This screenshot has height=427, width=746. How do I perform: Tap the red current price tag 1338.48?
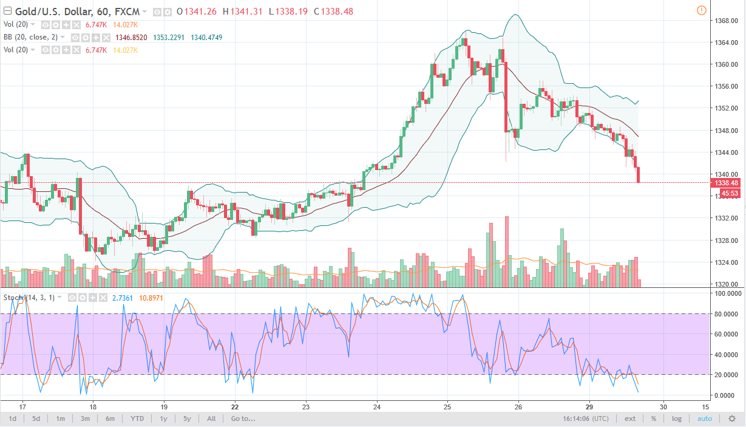point(726,183)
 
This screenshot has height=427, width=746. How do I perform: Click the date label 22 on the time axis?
point(235,406)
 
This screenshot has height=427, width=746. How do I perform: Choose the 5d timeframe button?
point(36,418)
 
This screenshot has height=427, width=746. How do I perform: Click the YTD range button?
point(137,418)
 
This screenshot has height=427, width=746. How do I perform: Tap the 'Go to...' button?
point(243,418)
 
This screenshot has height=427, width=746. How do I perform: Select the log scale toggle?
point(677,418)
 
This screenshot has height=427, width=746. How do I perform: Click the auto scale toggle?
point(704,418)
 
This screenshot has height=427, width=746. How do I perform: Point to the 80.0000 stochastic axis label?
point(727,313)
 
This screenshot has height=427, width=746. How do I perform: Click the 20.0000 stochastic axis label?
point(727,375)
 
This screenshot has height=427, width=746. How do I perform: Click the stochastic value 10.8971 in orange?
point(151,298)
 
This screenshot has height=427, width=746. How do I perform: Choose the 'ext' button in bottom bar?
point(630,418)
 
